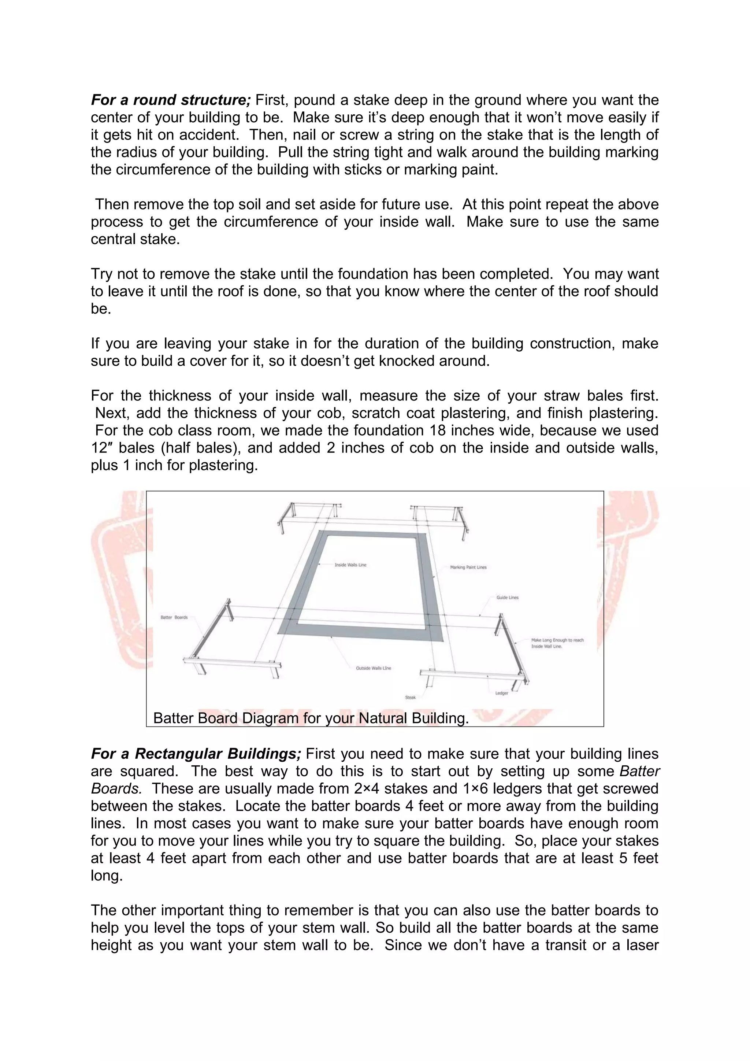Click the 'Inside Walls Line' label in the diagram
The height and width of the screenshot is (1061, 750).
(350, 565)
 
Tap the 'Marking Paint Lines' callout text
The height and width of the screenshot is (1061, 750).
(468, 567)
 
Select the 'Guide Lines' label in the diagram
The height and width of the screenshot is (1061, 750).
(507, 598)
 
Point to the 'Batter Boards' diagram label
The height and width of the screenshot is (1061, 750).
(174, 617)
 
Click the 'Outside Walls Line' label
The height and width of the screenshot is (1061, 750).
(373, 668)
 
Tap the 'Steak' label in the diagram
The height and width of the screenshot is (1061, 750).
(411, 697)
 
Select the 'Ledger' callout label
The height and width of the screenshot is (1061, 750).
(502, 693)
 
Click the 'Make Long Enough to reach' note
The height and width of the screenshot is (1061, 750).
(557, 640)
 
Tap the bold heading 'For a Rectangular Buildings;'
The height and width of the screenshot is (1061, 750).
(196, 754)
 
